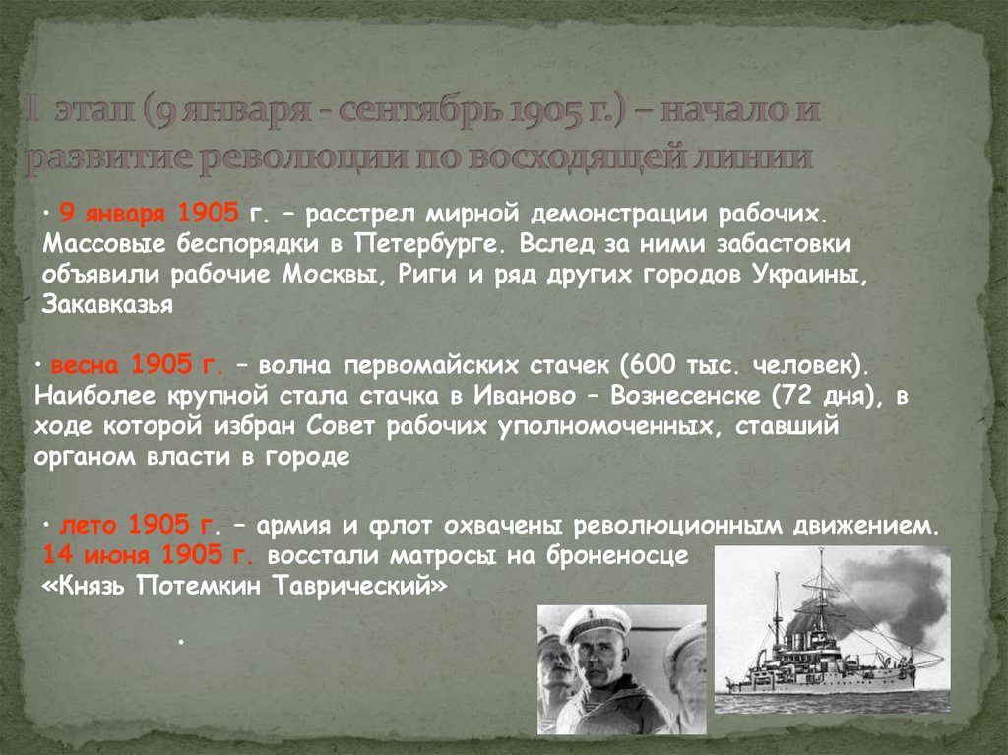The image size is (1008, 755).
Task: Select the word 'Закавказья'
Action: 108,305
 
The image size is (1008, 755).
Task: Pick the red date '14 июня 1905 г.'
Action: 150,554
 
